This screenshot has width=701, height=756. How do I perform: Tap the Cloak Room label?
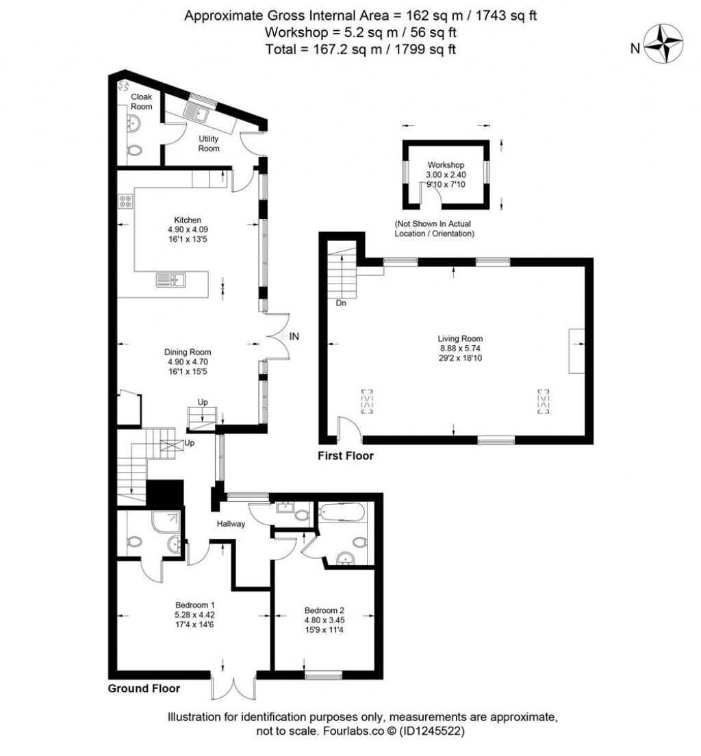[x=141, y=101]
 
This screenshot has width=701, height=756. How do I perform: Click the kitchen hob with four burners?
[x=125, y=201]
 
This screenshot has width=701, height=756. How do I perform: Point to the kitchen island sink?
[x=171, y=279]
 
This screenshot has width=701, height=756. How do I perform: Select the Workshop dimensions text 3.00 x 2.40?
[x=446, y=175]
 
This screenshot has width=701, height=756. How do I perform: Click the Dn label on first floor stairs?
[x=341, y=303]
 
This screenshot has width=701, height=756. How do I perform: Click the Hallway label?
[x=231, y=524]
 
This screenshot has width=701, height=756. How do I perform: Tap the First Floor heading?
[x=346, y=455]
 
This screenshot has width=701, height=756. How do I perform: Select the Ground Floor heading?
[x=144, y=689]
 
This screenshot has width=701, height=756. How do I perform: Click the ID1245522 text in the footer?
[x=433, y=731]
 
